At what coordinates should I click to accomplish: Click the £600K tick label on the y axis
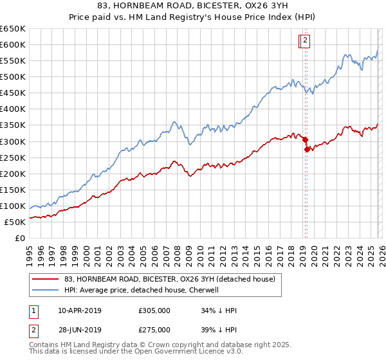pos(13,44)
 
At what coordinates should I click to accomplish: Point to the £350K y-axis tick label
pos(13,125)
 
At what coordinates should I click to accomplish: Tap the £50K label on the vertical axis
pos(15,222)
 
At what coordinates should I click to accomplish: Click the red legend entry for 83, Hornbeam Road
pos(170,279)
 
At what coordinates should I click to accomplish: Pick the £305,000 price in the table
pos(154,310)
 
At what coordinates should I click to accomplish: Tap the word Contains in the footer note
pos(44,346)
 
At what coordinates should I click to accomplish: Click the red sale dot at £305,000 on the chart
pos(304,139)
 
